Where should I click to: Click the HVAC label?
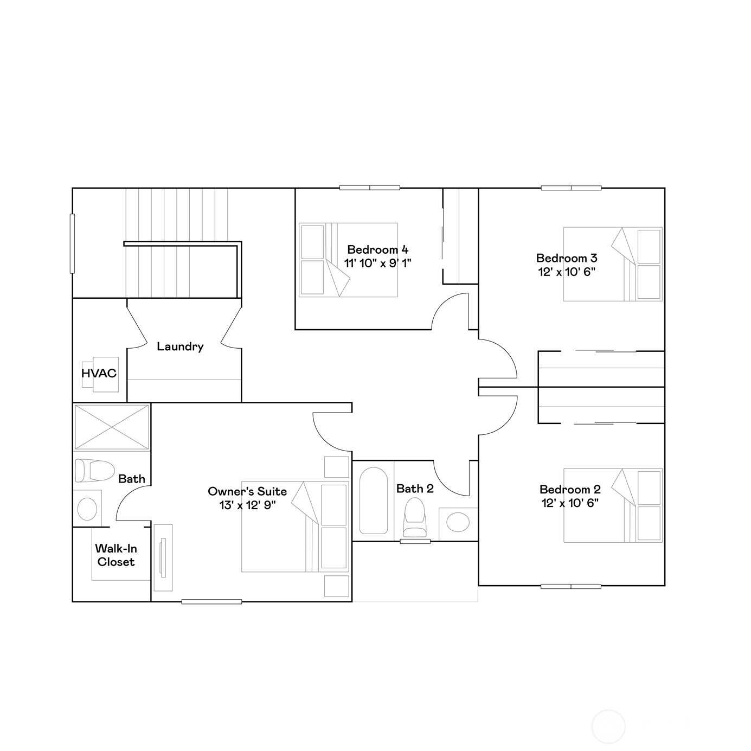[x=99, y=373]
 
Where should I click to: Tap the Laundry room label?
[x=180, y=346]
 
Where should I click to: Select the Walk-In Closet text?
[x=116, y=555]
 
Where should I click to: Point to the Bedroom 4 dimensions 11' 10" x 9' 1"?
[x=378, y=263]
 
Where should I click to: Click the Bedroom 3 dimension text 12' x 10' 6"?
[x=567, y=272]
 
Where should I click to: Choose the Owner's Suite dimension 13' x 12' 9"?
[x=247, y=505]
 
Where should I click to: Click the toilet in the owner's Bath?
[x=94, y=470]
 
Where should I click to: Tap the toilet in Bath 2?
[x=415, y=518]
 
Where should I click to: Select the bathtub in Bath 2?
[x=373, y=501]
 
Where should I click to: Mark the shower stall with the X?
[x=112, y=427]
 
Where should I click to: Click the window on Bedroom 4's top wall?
[x=370, y=188]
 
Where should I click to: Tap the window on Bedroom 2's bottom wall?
[x=570, y=586]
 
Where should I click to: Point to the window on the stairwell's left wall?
[x=72, y=243]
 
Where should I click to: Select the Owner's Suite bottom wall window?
[x=211, y=601]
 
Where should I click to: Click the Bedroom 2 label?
[x=570, y=489]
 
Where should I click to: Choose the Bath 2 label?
[x=415, y=489]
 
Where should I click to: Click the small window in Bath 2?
[x=415, y=541]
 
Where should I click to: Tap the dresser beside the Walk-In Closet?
[x=163, y=557]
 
